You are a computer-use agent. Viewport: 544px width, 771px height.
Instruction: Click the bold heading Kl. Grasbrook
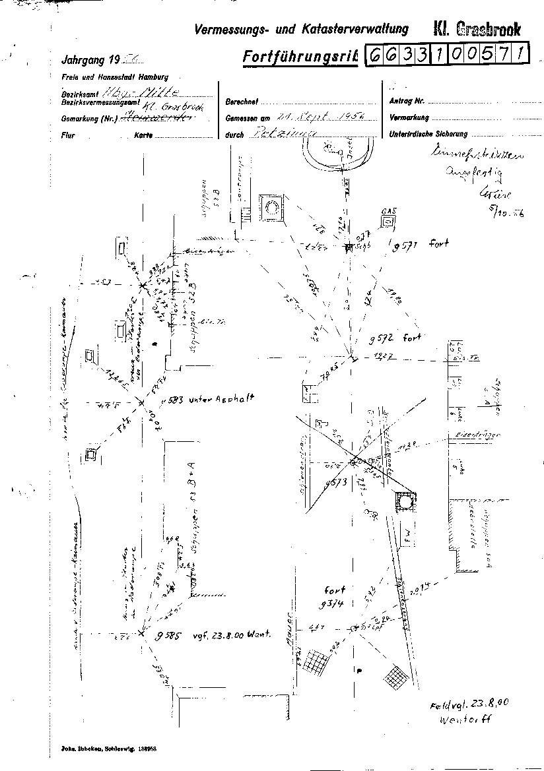(477, 29)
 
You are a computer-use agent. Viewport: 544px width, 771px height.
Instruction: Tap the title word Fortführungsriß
(300, 57)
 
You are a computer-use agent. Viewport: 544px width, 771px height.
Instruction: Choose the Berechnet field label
(242, 102)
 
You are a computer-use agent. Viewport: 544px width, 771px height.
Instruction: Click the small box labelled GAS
(388, 217)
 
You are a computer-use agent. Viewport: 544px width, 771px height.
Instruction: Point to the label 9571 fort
(420, 246)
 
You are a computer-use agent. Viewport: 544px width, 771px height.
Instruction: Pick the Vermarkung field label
(410, 118)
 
